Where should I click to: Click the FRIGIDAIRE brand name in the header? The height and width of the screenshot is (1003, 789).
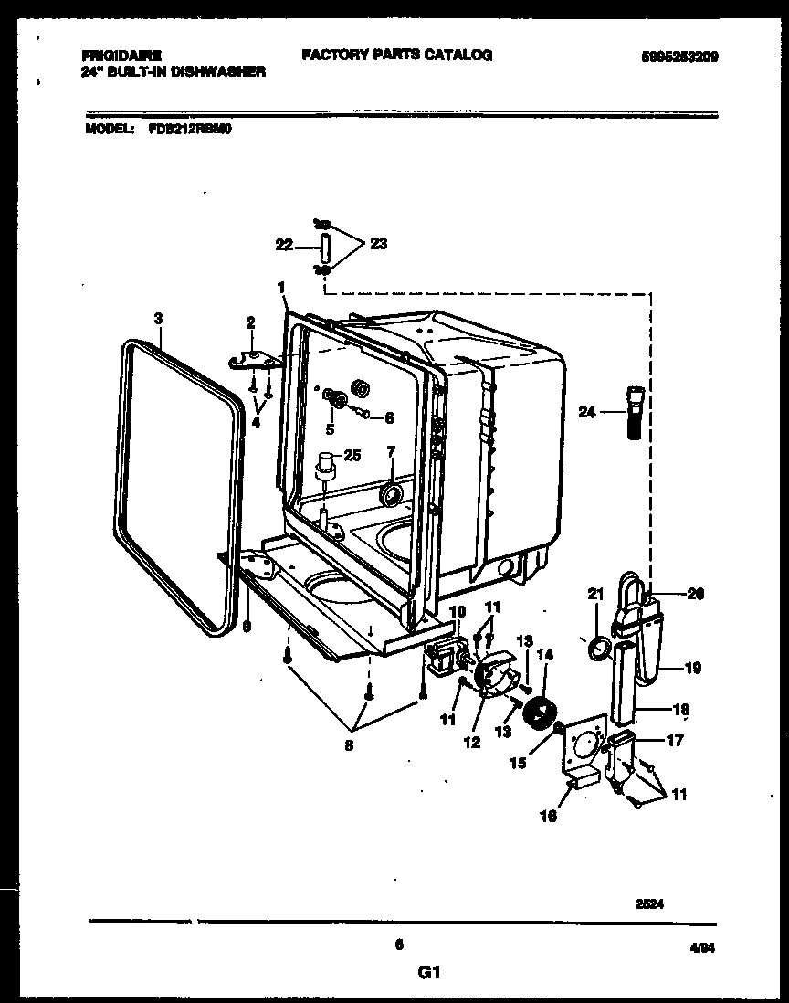tap(116, 56)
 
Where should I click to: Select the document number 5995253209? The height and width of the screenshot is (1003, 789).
tap(679, 57)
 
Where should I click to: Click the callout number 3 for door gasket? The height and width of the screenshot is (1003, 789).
tap(158, 319)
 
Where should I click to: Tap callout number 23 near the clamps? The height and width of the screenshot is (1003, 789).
tap(378, 243)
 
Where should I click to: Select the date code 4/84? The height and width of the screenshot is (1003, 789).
tap(703, 949)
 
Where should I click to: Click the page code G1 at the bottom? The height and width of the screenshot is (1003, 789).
tap(424, 973)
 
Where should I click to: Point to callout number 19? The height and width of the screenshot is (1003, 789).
tap(693, 668)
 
